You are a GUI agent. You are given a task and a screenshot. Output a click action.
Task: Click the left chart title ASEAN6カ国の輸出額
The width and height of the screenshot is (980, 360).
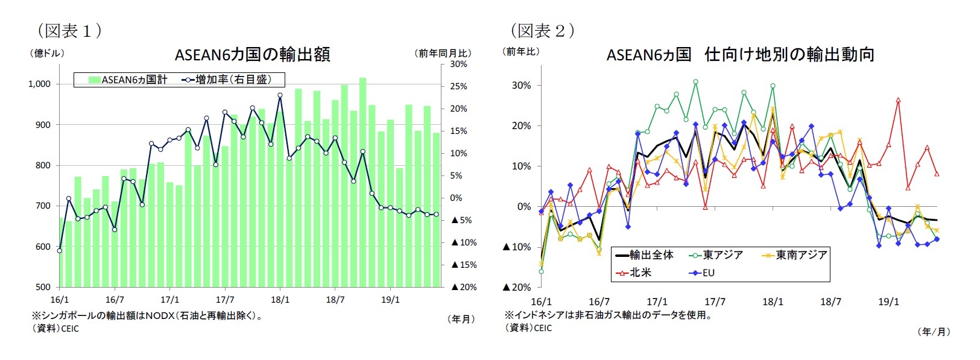click(x=252, y=55)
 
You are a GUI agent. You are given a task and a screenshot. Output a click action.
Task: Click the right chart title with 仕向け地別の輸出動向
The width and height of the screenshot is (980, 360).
click(x=740, y=55)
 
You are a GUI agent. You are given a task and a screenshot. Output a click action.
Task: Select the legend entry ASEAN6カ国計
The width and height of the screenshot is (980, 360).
click(x=128, y=80)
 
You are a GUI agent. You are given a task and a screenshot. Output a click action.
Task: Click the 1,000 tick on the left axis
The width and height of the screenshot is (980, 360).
click(x=39, y=84)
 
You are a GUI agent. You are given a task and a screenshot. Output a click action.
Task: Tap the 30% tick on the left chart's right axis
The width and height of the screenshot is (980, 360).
click(x=458, y=64)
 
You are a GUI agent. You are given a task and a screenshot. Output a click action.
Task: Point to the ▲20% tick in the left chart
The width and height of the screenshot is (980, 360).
click(x=463, y=287)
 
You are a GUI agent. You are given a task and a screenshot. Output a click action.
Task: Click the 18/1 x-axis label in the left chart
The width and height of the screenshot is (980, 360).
click(x=280, y=300)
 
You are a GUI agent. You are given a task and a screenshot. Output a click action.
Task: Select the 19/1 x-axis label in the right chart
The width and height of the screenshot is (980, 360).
click(x=888, y=302)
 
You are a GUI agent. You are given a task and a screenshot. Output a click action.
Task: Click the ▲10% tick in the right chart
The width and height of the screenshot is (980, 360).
click(x=517, y=247)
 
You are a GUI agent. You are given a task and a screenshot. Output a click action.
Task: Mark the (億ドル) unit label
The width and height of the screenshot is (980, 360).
click(x=47, y=53)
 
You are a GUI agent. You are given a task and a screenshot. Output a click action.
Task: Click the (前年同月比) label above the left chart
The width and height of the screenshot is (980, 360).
click(x=444, y=53)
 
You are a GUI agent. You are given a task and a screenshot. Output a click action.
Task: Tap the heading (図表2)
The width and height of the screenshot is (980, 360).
click(x=542, y=30)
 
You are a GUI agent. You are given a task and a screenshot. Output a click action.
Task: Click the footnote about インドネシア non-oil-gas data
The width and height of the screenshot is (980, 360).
click(x=608, y=315)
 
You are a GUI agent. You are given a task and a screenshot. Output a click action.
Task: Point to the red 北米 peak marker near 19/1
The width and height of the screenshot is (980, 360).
click(x=898, y=101)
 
